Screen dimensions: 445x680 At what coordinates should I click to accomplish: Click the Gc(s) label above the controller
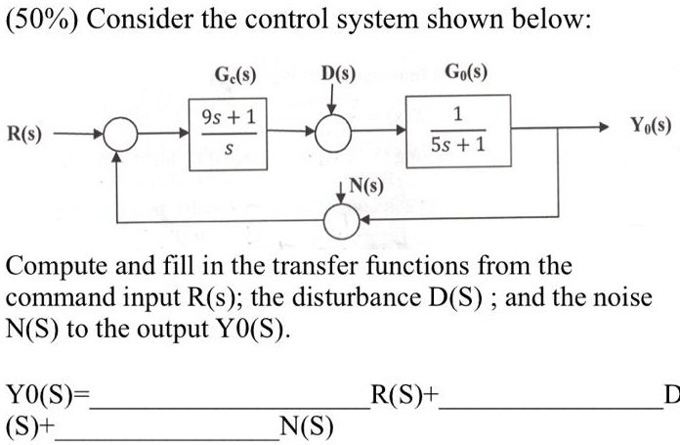point(235,72)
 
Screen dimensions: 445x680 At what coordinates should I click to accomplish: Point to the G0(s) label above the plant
point(466,72)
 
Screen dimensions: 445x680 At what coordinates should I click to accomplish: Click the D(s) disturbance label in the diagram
point(339,72)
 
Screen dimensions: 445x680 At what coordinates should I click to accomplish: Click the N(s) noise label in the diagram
point(365,186)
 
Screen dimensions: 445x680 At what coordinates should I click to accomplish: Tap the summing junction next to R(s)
point(121,131)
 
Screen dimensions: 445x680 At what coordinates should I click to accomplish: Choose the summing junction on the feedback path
point(341,222)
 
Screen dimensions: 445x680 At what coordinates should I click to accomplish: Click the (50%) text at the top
point(38,22)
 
